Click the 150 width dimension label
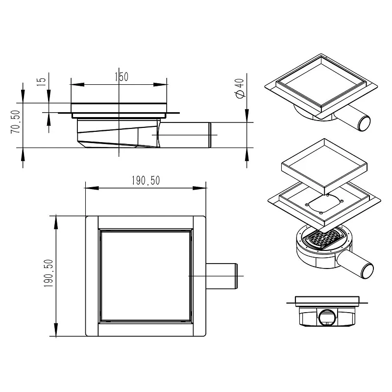pyautogui.click(x=122, y=77)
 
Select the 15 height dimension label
pyautogui.click(x=42, y=82)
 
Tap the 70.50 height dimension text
pyautogui.click(x=16, y=122)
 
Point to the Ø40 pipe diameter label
pyautogui.click(x=240, y=88)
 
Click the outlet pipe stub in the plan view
pyautogui.click(x=221, y=276)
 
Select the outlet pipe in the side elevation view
pyautogui.click(x=185, y=135)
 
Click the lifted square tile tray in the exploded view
pyautogui.click(x=324, y=167)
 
